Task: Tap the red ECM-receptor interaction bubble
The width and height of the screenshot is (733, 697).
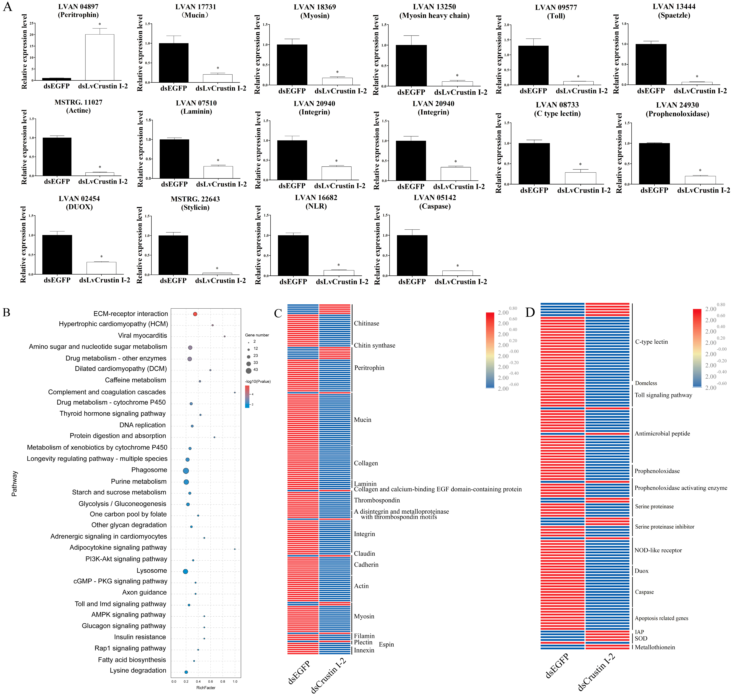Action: (x=195, y=314)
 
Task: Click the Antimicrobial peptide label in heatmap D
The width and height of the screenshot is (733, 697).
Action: (x=662, y=434)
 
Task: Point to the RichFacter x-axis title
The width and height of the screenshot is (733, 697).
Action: (x=206, y=688)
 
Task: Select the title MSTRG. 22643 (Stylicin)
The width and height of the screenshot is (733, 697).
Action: (x=195, y=203)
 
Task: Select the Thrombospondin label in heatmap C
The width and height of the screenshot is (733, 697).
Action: (x=377, y=501)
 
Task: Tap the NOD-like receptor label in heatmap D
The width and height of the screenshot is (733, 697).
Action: (x=658, y=550)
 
